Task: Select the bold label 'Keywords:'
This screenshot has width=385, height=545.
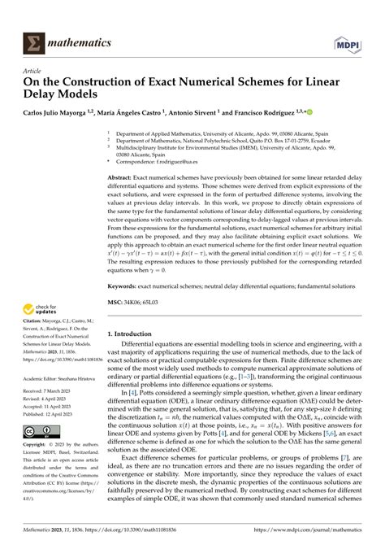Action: click(128, 286)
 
